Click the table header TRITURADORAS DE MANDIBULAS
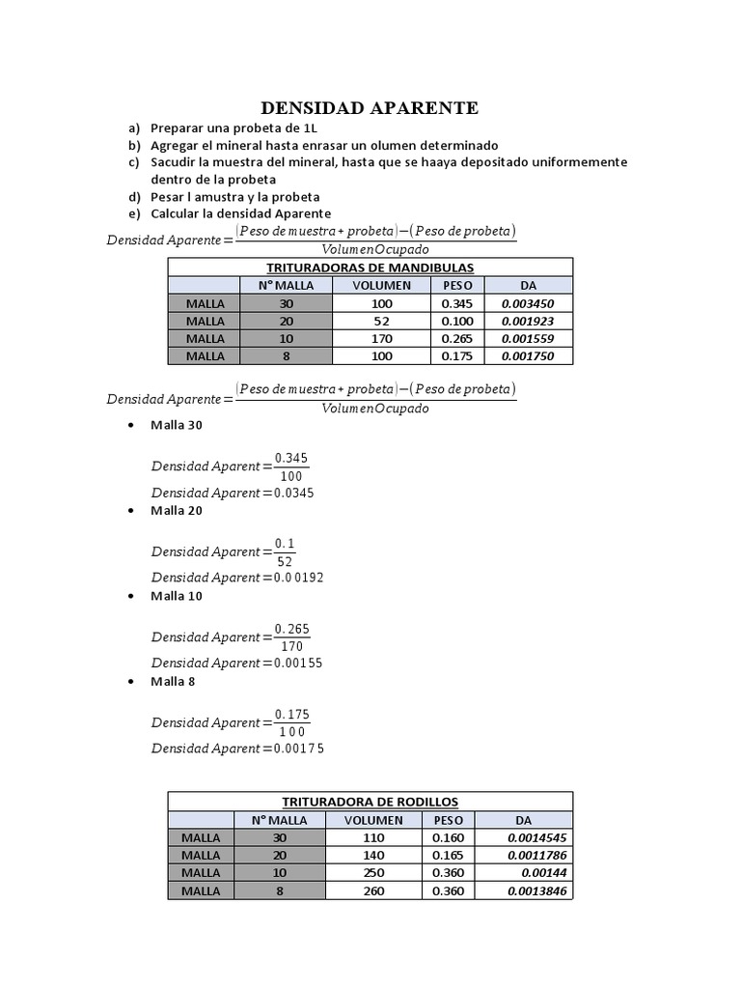click(x=370, y=268)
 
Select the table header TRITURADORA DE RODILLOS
click(x=370, y=802)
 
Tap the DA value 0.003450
click(x=528, y=303)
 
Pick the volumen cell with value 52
click(x=381, y=321)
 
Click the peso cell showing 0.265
click(x=456, y=338)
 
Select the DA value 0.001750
click(x=528, y=355)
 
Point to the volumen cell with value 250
click(x=372, y=873)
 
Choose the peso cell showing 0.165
click(x=448, y=855)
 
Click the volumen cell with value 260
click(x=372, y=890)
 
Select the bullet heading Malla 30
click(x=177, y=425)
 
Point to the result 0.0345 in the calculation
click(x=289, y=493)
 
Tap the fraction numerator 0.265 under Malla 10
click(x=292, y=628)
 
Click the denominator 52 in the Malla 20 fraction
click(x=284, y=561)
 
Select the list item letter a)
click(x=133, y=127)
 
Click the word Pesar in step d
click(x=168, y=197)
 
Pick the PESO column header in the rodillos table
click(x=448, y=820)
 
